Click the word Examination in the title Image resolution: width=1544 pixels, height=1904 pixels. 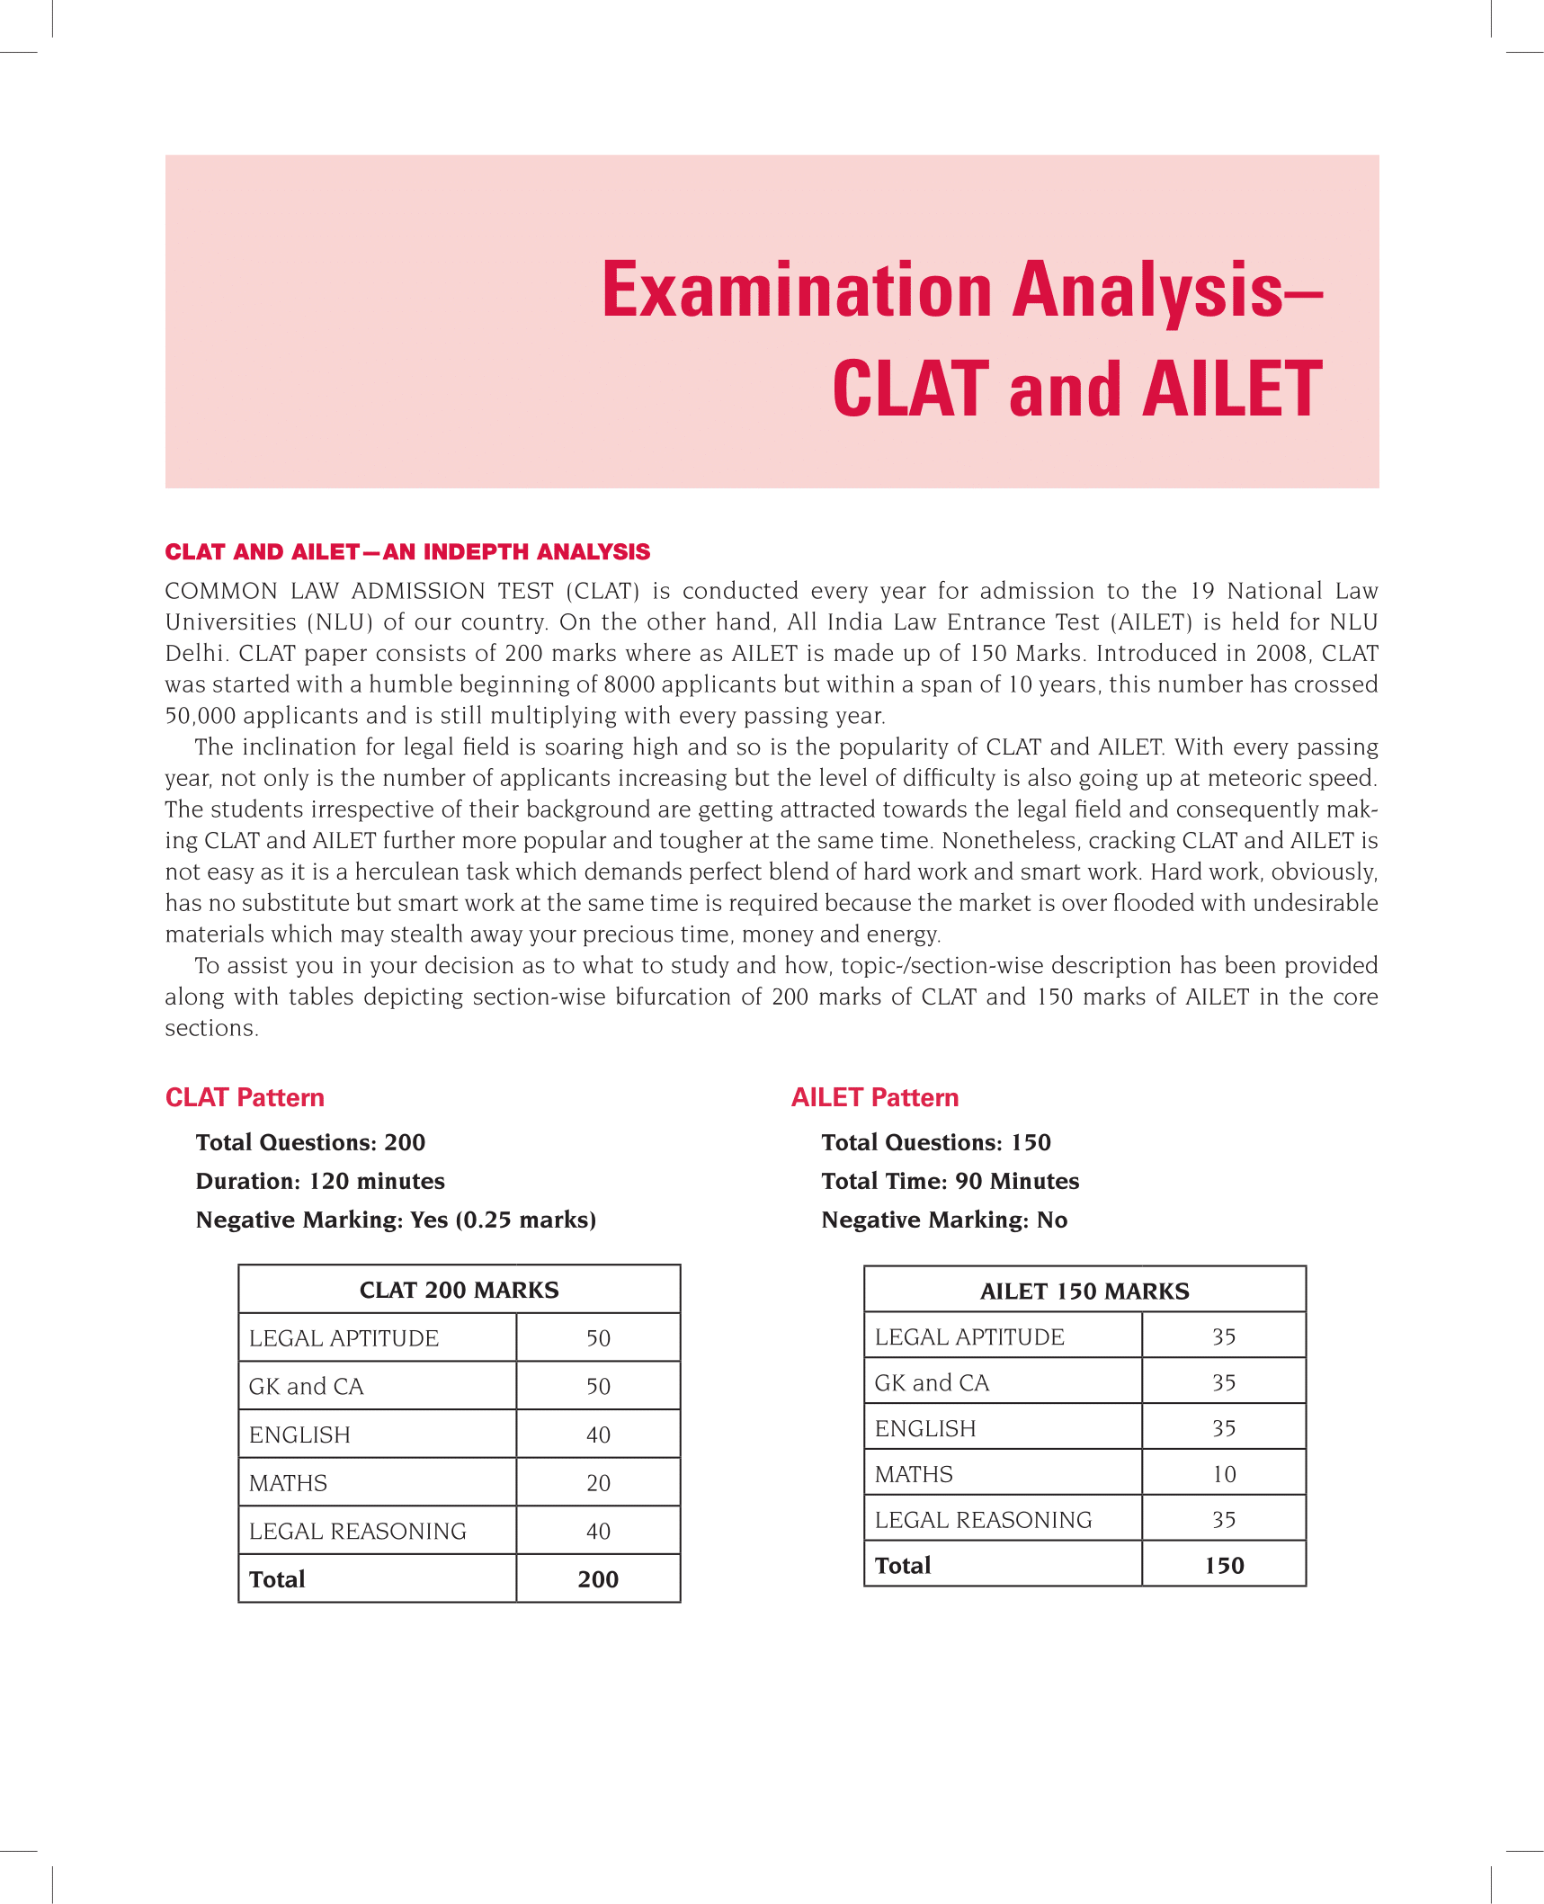797,291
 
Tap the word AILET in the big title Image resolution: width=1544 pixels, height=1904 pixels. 1232,389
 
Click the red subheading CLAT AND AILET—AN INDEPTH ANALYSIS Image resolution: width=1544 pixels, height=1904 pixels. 407,551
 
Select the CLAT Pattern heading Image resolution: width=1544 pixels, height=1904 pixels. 245,1097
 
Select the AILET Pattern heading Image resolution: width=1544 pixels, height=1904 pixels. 875,1097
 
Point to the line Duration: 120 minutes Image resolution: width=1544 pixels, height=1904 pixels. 320,1181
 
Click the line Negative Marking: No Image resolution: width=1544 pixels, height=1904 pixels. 944,1220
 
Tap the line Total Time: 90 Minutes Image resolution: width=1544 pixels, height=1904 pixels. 950,1181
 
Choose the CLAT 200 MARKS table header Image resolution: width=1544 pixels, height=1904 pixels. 459,1290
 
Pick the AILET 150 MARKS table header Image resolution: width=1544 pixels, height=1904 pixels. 1084,1291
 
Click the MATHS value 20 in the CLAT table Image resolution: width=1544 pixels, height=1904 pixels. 598,1483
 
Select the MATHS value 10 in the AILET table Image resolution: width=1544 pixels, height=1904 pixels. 1224,1474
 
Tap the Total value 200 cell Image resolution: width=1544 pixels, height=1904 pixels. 598,1579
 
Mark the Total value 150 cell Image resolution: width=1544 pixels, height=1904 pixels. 1224,1566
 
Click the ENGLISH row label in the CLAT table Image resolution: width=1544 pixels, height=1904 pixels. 299,1435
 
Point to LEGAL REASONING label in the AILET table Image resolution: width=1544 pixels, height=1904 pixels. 983,1520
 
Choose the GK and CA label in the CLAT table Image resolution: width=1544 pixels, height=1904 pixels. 306,1387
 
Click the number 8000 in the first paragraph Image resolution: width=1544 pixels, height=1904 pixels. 629,684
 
